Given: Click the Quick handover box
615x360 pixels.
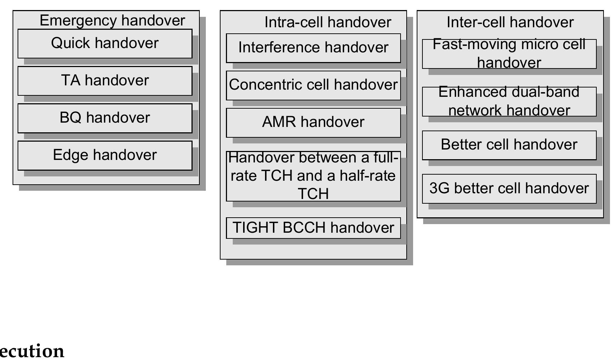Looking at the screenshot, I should click(x=105, y=43).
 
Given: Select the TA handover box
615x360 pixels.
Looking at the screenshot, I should click(x=105, y=81).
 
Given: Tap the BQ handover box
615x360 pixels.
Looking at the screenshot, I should click(x=105, y=118).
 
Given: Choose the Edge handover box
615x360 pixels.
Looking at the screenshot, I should click(x=105, y=155).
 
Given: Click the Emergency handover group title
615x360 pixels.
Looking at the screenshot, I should click(x=112, y=20).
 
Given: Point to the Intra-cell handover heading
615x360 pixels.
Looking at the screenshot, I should click(x=327, y=22).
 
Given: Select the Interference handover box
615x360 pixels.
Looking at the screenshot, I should click(x=313, y=48).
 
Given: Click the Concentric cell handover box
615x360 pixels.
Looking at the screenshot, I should click(x=313, y=85).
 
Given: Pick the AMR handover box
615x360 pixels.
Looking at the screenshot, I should click(x=313, y=122).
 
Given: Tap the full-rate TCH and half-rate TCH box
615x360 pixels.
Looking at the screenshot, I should click(x=313, y=176).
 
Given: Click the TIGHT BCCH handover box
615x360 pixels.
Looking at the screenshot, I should click(x=313, y=228).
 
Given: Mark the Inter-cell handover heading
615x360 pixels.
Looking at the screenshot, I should click(x=510, y=22).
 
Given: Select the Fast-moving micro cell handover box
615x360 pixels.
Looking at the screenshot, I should click(x=509, y=53).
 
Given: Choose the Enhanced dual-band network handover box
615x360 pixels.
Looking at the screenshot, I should click(x=509, y=101).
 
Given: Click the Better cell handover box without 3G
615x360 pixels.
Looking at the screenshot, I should click(x=509, y=145).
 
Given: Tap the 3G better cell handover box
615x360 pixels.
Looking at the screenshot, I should click(x=509, y=189).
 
